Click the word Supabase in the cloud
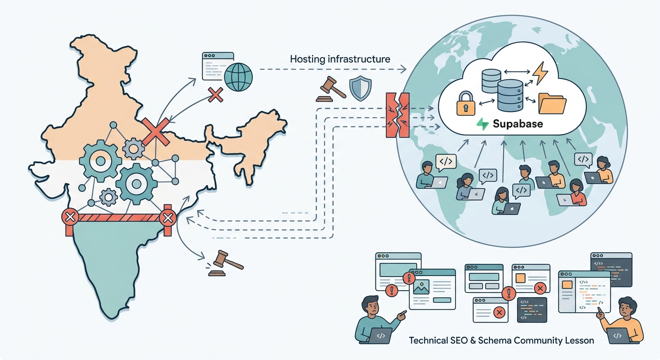click(x=517, y=124)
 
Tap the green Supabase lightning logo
click(x=482, y=124)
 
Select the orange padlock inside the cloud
click(x=466, y=103)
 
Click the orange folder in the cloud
click(x=552, y=104)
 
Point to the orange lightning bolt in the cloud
click(x=540, y=73)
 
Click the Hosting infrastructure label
click(x=340, y=59)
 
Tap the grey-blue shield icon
click(x=360, y=89)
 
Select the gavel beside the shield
click(x=330, y=89)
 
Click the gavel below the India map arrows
click(x=225, y=263)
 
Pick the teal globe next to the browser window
click(x=238, y=77)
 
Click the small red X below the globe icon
click(x=215, y=95)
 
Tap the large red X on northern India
click(x=156, y=132)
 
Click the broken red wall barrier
click(x=397, y=115)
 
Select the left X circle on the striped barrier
click(x=70, y=217)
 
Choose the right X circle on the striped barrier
click(x=168, y=218)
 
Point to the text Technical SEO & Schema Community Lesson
click(x=502, y=341)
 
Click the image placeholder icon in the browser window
click(x=421, y=287)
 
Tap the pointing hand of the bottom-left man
click(x=402, y=315)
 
